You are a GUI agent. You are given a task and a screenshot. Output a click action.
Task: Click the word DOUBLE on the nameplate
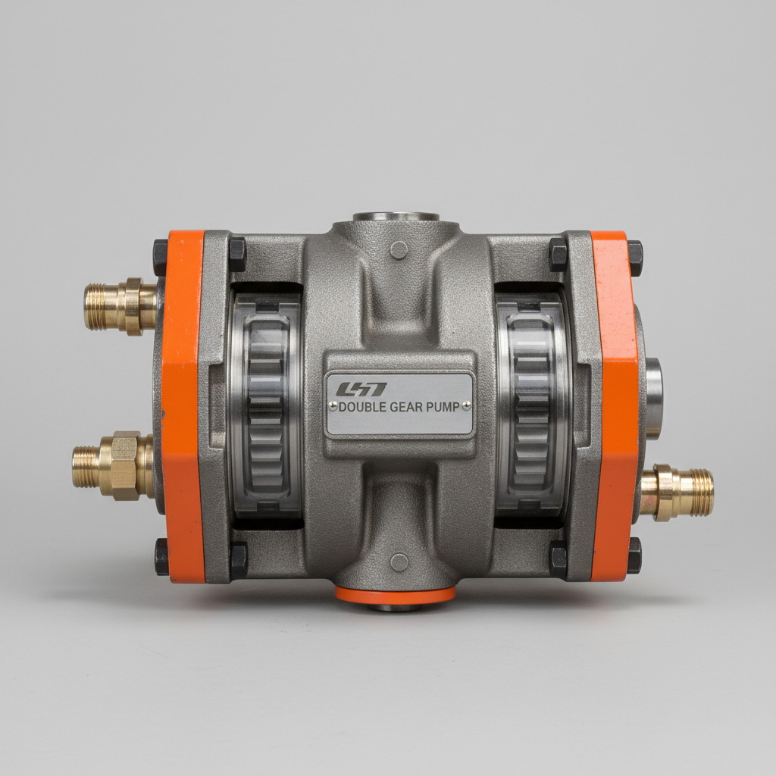(x=362, y=407)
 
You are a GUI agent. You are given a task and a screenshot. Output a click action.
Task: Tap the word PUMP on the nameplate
(x=443, y=407)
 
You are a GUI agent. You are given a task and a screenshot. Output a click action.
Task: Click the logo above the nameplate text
(x=361, y=390)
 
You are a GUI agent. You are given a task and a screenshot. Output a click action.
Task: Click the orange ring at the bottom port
(x=395, y=594)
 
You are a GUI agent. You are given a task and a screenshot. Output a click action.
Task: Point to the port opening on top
(x=396, y=217)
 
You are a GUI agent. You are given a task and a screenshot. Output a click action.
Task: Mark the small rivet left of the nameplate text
(x=330, y=407)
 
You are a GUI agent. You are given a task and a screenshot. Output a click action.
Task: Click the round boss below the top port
(x=399, y=249)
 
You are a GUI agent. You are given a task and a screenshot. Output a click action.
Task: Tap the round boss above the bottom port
(x=399, y=562)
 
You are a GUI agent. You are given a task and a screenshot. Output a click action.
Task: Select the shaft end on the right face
(x=653, y=399)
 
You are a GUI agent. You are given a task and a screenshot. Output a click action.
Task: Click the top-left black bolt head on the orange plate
(x=161, y=258)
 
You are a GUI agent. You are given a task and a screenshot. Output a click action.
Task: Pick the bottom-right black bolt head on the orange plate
(x=634, y=555)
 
